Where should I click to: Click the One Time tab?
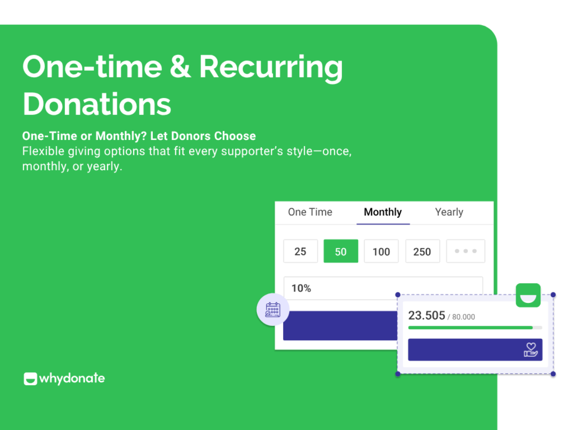(310, 212)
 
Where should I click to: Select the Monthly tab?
(382, 213)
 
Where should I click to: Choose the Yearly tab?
(449, 213)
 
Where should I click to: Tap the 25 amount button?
(300, 251)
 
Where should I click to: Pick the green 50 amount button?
(340, 251)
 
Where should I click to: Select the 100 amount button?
(381, 251)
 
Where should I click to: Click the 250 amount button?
(423, 251)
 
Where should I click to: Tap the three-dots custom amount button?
(466, 251)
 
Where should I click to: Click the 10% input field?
(340, 288)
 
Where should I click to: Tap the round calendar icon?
(273, 310)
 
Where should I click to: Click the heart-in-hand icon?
(531, 350)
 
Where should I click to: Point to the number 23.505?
(426, 315)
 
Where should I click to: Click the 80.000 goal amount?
(463, 317)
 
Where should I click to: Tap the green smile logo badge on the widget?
(528, 295)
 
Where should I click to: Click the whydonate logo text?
(72, 378)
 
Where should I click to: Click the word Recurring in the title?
(271, 68)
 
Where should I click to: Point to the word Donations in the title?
(96, 104)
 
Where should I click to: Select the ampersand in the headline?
(180, 66)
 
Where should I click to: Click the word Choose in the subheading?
(235, 136)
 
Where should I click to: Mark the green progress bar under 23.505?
(470, 328)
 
